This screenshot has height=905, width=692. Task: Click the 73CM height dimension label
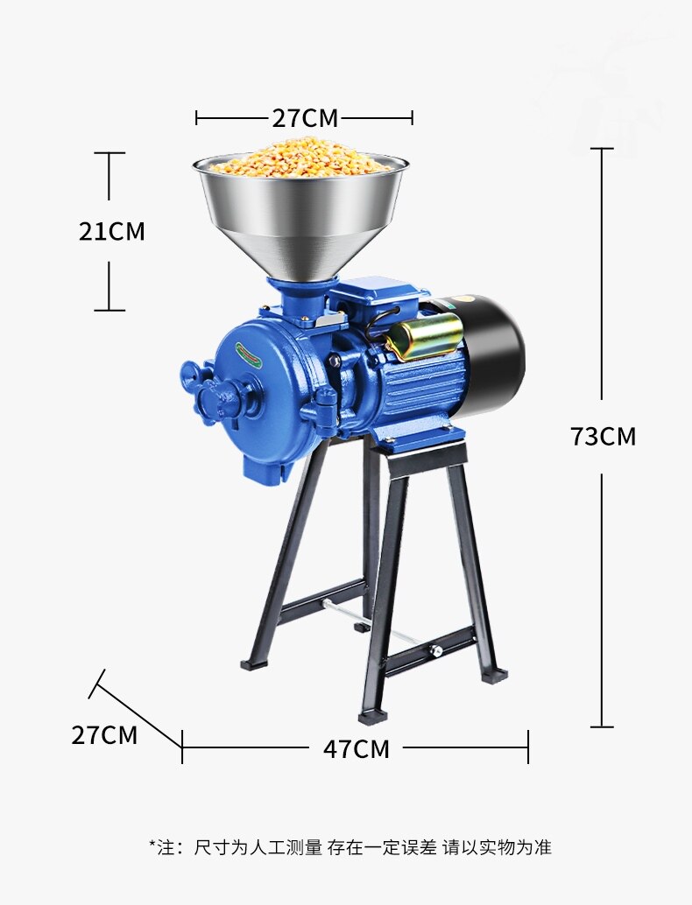pyautogui.click(x=603, y=437)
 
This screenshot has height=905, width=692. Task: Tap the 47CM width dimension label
pyautogui.click(x=356, y=748)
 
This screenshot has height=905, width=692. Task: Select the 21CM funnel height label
pyautogui.click(x=111, y=231)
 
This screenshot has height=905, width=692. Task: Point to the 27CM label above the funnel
pyautogui.click(x=305, y=118)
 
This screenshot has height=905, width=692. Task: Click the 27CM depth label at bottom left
pyautogui.click(x=104, y=735)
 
